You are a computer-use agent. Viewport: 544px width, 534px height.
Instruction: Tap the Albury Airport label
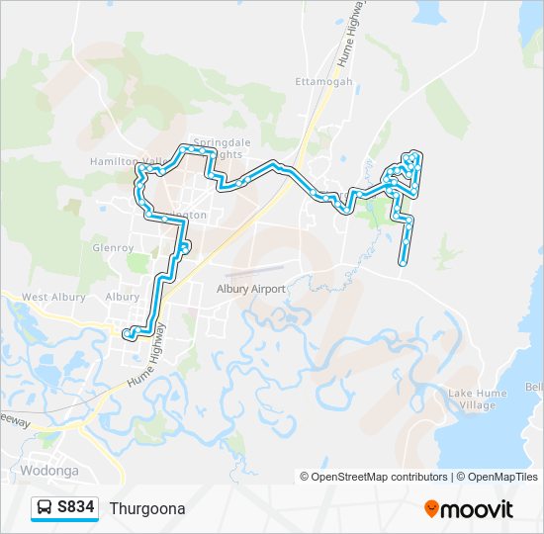(x=251, y=289)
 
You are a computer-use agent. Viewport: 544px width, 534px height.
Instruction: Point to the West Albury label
(x=48, y=297)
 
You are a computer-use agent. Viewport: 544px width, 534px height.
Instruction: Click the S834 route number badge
(x=76, y=508)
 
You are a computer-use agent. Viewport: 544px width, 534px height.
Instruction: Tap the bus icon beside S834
(x=45, y=508)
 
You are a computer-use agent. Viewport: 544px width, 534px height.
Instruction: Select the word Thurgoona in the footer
(x=147, y=508)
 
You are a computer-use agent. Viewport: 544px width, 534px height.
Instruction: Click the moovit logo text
(x=477, y=509)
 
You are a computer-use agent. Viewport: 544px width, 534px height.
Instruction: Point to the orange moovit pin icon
(x=431, y=508)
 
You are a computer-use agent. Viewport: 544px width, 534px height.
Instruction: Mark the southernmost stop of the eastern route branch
(x=404, y=263)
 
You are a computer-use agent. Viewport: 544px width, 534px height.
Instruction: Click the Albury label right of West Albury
(x=123, y=297)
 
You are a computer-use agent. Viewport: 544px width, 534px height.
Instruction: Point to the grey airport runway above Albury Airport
(x=255, y=267)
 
